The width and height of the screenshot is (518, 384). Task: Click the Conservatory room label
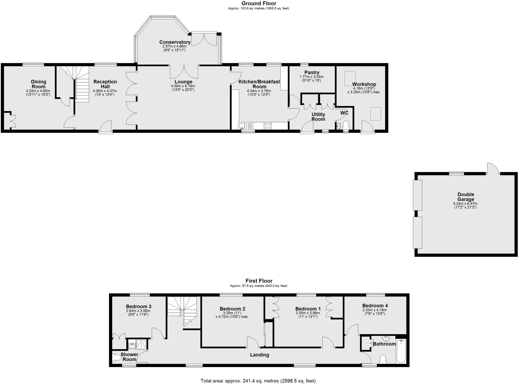pyautogui.click(x=175, y=42)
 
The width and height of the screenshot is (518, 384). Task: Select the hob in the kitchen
pyautogui.click(x=268, y=126)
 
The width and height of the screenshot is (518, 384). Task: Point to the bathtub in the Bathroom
pyautogui.click(x=401, y=351)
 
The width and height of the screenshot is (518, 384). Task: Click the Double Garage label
pyautogui.click(x=466, y=197)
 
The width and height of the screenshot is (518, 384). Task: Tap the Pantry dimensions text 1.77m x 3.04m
pyautogui.click(x=311, y=77)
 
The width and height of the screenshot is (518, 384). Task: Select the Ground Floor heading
pyautogui.click(x=259, y=3)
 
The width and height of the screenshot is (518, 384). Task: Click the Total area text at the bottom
pyautogui.click(x=258, y=381)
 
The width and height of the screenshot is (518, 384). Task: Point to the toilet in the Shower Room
pyautogui.click(x=117, y=357)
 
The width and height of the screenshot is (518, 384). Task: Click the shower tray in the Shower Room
pyautogui.click(x=141, y=345)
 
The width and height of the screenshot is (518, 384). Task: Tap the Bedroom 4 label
pyautogui.click(x=375, y=305)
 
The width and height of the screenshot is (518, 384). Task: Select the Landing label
pyautogui.click(x=260, y=355)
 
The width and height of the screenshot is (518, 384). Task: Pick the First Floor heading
pyautogui.click(x=259, y=281)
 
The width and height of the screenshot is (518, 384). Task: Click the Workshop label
pyautogui.click(x=364, y=84)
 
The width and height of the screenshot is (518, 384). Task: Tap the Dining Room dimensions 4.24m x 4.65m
pyautogui.click(x=38, y=91)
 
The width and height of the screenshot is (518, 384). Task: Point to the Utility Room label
pyautogui.click(x=318, y=117)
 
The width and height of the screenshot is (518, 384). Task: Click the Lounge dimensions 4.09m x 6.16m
pyautogui.click(x=183, y=86)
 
